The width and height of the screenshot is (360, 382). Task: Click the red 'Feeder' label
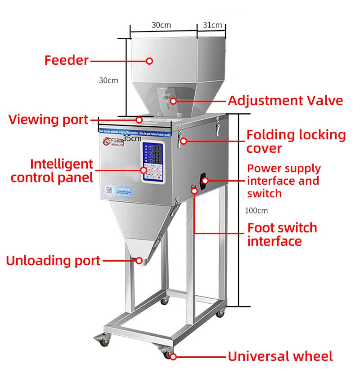click(x=66, y=60)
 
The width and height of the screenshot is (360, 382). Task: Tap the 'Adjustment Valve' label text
click(x=285, y=101)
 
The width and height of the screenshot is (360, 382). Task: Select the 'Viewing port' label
click(x=48, y=120)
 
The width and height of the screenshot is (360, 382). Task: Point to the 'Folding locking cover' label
click(x=296, y=142)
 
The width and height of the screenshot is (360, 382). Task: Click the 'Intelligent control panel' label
click(x=52, y=171)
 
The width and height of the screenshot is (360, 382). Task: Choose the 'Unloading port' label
click(x=53, y=261)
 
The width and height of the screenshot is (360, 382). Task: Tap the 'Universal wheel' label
click(x=280, y=357)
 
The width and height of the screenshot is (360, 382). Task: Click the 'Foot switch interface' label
click(x=282, y=234)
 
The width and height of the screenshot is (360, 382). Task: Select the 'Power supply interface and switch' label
click(x=283, y=181)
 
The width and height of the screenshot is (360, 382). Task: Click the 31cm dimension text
click(x=212, y=25)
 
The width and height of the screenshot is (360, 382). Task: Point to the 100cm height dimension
click(x=256, y=210)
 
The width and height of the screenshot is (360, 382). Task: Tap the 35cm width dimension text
click(x=132, y=138)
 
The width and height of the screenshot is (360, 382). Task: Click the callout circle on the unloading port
click(x=139, y=260)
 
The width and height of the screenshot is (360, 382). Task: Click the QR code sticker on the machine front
click(x=109, y=189)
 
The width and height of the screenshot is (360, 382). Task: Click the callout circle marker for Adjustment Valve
click(x=173, y=101)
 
